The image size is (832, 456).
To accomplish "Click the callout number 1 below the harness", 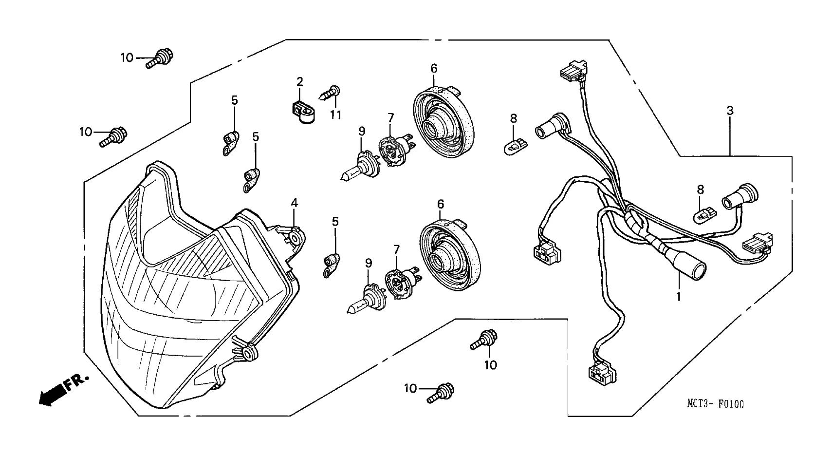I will [x=678, y=295].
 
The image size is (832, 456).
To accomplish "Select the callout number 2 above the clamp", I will [x=300, y=81].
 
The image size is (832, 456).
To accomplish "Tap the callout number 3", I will [x=730, y=111].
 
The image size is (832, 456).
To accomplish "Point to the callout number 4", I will [x=294, y=203].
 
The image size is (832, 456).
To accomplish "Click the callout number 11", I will [x=335, y=115].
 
